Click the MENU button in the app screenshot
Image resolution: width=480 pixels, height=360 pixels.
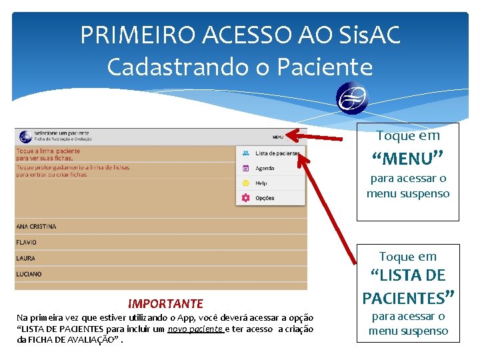[277, 137]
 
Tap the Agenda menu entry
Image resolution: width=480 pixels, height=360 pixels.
[265, 169]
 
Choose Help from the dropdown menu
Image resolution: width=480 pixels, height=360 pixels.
[261, 183]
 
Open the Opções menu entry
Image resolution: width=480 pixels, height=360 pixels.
[265, 198]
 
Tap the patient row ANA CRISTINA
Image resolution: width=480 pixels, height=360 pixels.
[37, 227]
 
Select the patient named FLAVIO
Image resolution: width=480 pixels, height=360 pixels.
[27, 243]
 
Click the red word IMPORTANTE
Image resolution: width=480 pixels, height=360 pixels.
[165, 304]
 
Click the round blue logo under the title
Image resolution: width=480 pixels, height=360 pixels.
[353, 99]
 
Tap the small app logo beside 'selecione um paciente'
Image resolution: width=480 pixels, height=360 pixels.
[25, 136]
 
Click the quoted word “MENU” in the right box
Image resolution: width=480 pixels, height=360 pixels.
[407, 159]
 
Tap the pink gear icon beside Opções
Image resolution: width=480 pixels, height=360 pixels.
[245, 198]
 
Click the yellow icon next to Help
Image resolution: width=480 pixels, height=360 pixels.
[245, 183]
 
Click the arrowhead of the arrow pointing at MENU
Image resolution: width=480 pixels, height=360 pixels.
[292, 136]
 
